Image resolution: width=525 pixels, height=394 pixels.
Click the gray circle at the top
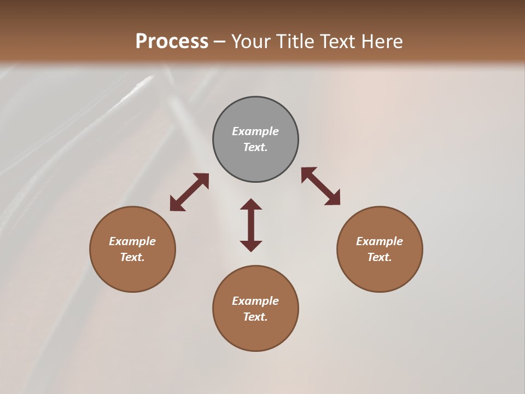(x=255, y=140)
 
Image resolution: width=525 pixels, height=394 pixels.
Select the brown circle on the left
(x=132, y=249)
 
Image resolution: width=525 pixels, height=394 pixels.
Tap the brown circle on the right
(x=380, y=249)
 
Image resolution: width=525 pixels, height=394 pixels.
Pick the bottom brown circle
(x=255, y=309)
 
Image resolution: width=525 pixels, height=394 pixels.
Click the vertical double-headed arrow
(x=251, y=225)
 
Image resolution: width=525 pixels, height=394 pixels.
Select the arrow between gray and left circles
(x=189, y=192)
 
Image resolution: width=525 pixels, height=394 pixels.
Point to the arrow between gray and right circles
(x=321, y=186)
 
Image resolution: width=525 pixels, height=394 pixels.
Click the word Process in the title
(x=172, y=41)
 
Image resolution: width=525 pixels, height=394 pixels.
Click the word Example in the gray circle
(x=255, y=131)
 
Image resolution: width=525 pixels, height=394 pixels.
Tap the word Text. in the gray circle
(x=255, y=147)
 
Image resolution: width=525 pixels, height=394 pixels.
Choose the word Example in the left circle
(x=132, y=241)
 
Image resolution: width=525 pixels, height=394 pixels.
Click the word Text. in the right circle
(x=380, y=257)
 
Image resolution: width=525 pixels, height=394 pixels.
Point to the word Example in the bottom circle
(x=255, y=301)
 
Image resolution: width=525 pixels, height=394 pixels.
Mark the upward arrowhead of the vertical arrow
(x=251, y=205)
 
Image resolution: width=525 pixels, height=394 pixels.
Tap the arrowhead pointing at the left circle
(x=176, y=205)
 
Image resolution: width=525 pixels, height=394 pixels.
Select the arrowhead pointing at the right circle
(x=333, y=198)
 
